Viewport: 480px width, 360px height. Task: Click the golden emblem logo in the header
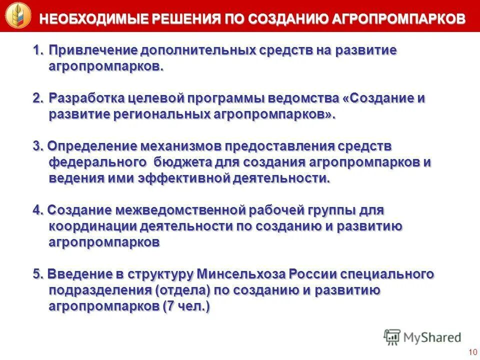tap(18, 15)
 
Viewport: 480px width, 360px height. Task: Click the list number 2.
tap(37, 98)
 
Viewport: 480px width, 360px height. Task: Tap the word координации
tap(92, 226)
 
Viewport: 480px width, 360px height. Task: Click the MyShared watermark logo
tap(422, 337)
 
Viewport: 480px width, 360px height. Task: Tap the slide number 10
tap(472, 352)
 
